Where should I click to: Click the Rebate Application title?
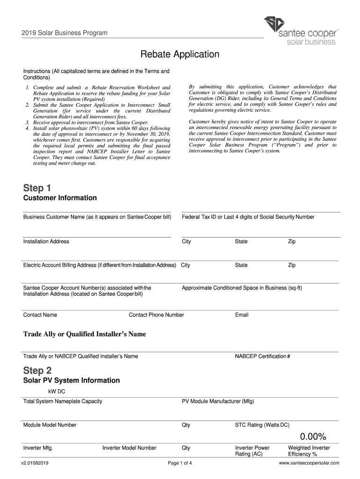[180, 54]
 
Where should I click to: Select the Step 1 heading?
[37, 188]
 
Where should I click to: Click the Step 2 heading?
[37, 370]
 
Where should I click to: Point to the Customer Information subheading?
[60, 198]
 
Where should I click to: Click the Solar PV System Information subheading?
[72, 380]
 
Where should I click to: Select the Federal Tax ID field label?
[248, 217]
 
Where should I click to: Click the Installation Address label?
[46, 241]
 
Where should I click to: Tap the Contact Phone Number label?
[156, 315]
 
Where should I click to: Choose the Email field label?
[242, 315]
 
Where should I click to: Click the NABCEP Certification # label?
[262, 356]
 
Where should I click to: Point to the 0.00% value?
[313, 437]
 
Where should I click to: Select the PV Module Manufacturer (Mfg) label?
[218, 401]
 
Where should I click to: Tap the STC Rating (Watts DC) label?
[262, 425]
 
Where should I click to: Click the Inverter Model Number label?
[130, 448]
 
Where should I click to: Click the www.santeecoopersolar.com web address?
[309, 463]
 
